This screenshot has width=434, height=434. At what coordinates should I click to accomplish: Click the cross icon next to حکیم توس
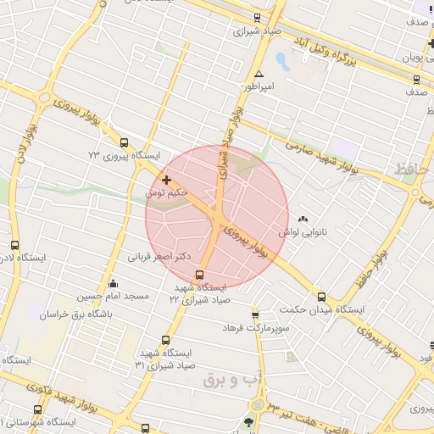tap(166, 180)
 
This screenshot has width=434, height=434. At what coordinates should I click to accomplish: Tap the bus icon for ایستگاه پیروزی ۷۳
tap(125, 143)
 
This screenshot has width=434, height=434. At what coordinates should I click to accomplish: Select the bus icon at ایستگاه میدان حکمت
tap(321, 297)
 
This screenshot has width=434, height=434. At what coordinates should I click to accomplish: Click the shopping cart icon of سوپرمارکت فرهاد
tap(266, 314)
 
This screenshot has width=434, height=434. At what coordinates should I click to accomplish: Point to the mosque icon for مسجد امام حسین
tap(114, 283)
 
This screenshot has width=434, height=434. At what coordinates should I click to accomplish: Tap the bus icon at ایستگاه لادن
tap(14, 245)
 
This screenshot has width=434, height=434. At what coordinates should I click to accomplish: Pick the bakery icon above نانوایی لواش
tap(304, 219)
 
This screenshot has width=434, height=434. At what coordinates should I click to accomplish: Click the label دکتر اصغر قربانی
tap(159, 254)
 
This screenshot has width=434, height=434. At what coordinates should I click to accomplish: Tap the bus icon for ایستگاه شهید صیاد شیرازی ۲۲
tap(199, 275)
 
